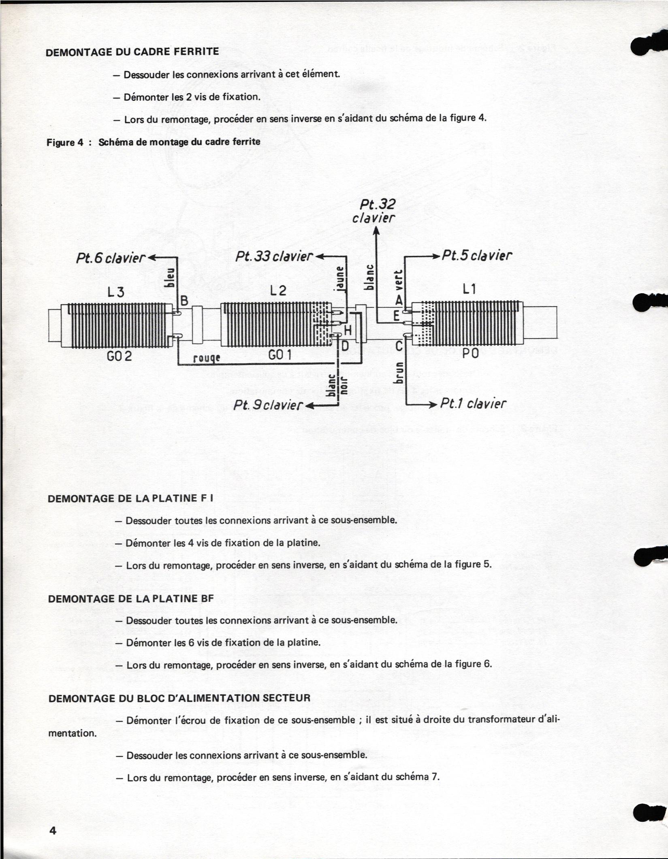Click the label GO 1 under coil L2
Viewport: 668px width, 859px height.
coord(280,355)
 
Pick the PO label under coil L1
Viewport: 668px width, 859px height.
coord(470,354)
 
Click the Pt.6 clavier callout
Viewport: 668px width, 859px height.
coord(111,258)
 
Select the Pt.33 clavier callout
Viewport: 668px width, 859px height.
coord(274,257)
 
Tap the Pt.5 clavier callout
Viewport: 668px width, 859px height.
coord(477,256)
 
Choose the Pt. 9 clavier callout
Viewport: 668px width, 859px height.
coord(268,405)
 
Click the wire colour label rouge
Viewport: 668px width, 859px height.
coord(207,358)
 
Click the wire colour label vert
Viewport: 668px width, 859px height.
coord(399,281)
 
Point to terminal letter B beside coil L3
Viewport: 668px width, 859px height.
coord(184,301)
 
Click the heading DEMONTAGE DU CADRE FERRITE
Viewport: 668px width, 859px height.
coord(132,52)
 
